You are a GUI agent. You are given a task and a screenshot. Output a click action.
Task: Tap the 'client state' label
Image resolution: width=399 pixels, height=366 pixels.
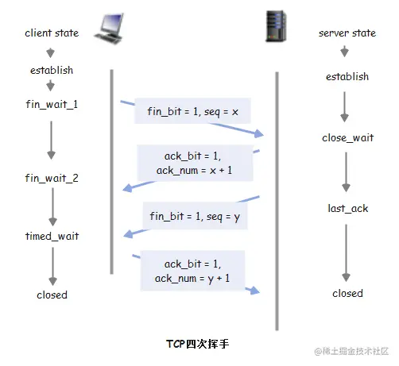[52, 33]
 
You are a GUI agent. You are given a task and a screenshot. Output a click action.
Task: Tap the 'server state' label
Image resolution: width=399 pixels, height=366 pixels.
[347, 33]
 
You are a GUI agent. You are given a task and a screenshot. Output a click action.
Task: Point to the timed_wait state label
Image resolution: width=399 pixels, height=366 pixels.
[52, 236]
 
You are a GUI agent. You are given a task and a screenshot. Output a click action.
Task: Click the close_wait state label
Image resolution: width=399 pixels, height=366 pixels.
[347, 137]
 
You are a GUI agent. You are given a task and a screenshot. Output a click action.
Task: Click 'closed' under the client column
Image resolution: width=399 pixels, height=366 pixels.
[52, 295]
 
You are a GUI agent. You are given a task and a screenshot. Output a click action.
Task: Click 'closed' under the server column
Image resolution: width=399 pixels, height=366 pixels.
[347, 293]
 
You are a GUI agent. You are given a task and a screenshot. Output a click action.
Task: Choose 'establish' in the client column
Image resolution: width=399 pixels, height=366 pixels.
[52, 70]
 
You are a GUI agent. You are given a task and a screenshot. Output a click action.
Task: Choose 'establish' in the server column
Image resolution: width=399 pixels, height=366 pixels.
[347, 77]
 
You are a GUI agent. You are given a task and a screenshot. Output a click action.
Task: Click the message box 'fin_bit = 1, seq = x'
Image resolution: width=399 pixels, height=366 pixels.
[193, 112]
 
